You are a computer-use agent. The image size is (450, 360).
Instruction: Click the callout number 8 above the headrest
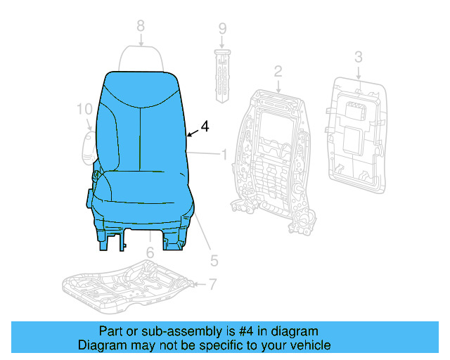(x=141, y=25)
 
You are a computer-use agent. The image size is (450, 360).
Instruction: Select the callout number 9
(x=222, y=29)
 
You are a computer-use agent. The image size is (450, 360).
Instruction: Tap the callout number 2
(x=278, y=71)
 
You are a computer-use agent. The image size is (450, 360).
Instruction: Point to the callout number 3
(x=358, y=56)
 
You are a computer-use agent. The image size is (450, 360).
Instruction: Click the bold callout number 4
(x=205, y=127)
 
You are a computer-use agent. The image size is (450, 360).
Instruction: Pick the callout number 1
(x=224, y=154)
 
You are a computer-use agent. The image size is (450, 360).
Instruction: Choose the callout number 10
(x=84, y=109)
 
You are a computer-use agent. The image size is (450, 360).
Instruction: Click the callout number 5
(x=214, y=259)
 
